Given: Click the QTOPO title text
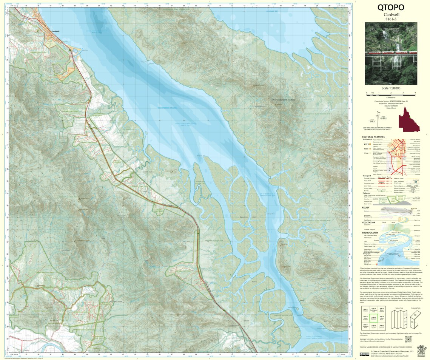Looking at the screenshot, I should click(391, 7).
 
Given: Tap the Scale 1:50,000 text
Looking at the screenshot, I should click(391, 88).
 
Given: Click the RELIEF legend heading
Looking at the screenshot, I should click(365, 207).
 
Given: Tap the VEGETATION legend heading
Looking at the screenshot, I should click(368, 222).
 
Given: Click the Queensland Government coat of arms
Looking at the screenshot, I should click(422, 350).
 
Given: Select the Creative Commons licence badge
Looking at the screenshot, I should click(364, 354).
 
